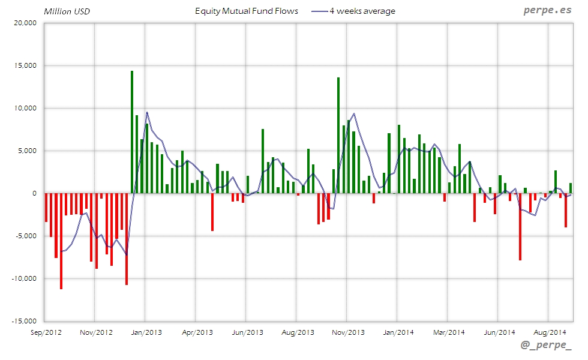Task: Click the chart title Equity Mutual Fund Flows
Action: pyautogui.click(x=247, y=11)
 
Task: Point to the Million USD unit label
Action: pyautogui.click(x=67, y=11)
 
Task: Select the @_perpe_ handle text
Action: pyautogui.click(x=547, y=346)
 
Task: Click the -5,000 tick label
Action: pyautogui.click(x=26, y=236)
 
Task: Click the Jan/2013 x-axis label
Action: pyautogui.click(x=145, y=332)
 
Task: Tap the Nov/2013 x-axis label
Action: pyautogui.click(x=347, y=332)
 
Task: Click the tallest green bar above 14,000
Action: pyautogui.click(x=132, y=132)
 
